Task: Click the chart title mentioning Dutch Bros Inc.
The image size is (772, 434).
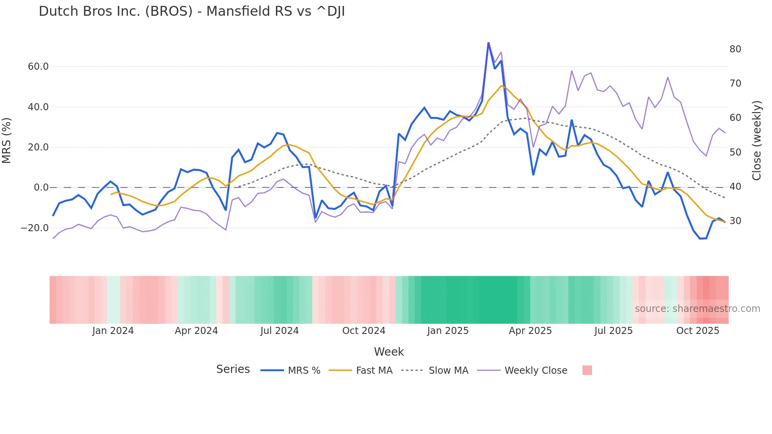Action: pos(192,11)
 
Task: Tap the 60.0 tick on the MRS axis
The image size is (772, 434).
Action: pos(38,67)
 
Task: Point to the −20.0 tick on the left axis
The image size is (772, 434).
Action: pos(35,228)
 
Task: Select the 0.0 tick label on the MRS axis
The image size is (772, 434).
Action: pos(41,187)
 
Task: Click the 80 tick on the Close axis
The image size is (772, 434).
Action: pos(735,49)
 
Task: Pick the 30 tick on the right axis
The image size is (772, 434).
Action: pos(735,221)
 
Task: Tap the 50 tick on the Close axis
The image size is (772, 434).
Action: pos(735,152)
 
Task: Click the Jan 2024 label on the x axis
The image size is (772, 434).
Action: pos(113,331)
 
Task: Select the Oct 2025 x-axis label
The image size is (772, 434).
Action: pos(698,331)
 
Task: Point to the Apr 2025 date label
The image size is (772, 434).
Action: pos(530,331)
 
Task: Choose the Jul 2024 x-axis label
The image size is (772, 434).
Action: pos(280,331)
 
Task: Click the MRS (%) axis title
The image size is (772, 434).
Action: pos(7,140)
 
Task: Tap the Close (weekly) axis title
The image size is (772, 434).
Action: pos(756,141)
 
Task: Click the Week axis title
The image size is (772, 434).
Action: pos(389,352)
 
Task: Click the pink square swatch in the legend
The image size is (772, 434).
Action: pos(587,370)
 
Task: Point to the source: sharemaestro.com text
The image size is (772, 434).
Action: pos(697,309)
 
